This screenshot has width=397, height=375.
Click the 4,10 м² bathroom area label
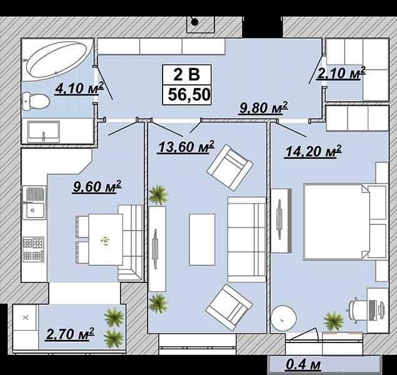click(79, 88)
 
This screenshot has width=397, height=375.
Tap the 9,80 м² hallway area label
click(264, 108)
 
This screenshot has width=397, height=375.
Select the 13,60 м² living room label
click(186, 147)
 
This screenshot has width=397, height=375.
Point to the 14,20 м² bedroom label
click(313, 152)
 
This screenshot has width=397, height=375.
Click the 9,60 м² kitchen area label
click(97, 187)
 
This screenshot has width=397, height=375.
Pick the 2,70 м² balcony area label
click(70, 334)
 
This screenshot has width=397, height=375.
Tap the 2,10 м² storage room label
click(341, 73)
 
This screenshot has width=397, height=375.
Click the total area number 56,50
click(189, 95)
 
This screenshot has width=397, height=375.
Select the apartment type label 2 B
click(186, 75)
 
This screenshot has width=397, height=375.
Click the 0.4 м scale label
click(303, 364)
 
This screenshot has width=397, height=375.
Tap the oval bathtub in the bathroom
click(58, 60)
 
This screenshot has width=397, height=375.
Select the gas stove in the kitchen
click(33, 249)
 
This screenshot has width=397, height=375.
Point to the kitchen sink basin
click(34, 211)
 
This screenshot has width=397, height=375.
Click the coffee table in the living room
click(202, 239)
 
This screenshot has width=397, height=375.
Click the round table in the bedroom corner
click(284, 318)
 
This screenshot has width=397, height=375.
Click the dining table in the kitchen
click(106, 239)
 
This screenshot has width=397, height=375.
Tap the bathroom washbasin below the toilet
click(44, 132)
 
